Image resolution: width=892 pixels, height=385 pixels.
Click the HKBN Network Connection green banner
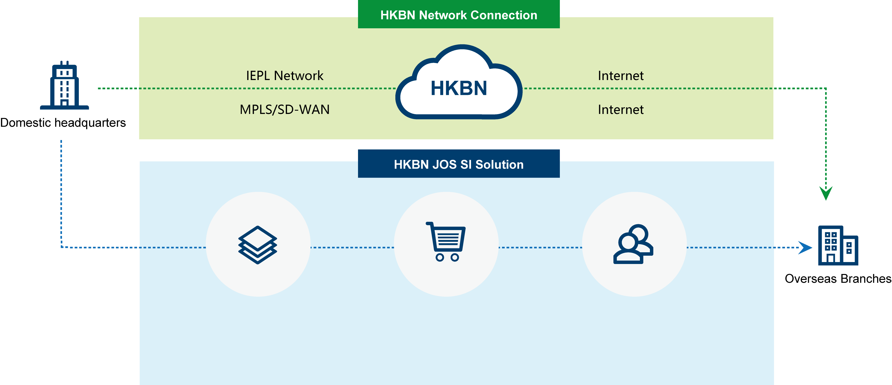pos(459,15)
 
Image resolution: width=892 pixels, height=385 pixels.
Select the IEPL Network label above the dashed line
pos(285,75)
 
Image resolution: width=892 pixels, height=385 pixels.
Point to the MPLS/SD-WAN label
pos(285,109)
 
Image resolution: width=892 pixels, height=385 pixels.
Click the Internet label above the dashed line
pos(621,75)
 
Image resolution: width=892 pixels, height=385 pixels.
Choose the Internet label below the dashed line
pos(621,109)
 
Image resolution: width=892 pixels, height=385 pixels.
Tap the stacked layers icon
pos(258,245)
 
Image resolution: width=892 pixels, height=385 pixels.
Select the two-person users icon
pos(633,244)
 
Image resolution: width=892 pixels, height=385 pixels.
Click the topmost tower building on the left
pos(64,86)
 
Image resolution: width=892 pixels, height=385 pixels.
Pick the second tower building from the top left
pos(64,173)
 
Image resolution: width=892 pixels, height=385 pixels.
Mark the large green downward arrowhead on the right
pos(826,192)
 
